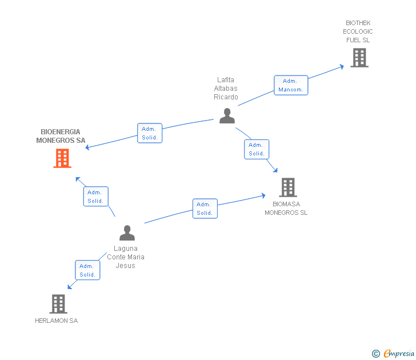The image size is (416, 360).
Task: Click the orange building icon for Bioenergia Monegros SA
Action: [x=62, y=158]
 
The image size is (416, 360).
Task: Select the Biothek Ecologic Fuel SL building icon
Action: [x=359, y=58]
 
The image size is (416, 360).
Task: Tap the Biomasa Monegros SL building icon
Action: [x=288, y=187]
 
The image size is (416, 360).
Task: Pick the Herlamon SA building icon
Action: [x=58, y=304]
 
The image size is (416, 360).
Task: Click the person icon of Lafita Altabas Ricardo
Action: [x=227, y=116]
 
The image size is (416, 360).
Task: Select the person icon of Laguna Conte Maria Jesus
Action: [x=127, y=233]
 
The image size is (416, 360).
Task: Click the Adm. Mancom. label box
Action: [x=291, y=85]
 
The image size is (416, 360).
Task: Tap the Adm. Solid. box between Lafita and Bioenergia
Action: [x=150, y=133]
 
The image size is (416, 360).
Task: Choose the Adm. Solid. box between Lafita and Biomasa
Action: [x=257, y=149]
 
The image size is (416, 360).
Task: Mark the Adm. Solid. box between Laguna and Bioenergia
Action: [x=95, y=197]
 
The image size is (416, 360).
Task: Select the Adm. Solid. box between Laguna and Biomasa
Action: [x=205, y=209]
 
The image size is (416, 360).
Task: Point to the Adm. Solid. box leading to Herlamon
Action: [x=87, y=270]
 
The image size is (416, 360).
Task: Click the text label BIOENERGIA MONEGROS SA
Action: [x=61, y=136]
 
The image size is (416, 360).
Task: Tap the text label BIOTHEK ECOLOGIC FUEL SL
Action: [x=358, y=31]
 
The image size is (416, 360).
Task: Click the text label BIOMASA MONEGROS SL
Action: [x=286, y=208]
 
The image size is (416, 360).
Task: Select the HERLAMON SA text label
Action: [x=56, y=321]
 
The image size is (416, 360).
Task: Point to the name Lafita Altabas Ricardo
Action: [x=226, y=89]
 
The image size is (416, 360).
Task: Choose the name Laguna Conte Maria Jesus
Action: [x=126, y=257]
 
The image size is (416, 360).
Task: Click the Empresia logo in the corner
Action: [x=394, y=353]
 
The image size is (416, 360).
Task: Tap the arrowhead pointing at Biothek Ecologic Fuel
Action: [x=342, y=66]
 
